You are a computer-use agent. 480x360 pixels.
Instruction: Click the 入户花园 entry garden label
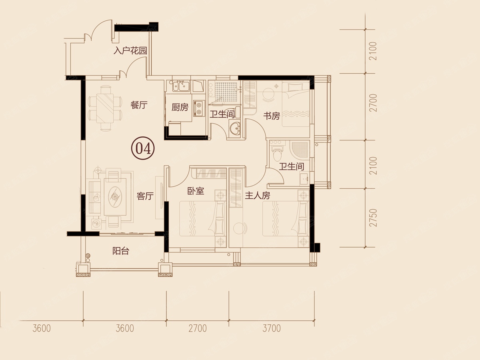(130, 51)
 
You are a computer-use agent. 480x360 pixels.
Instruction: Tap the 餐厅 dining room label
(139, 105)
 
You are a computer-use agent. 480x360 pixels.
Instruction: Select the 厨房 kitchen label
(180, 107)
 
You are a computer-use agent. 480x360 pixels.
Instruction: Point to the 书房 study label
(271, 116)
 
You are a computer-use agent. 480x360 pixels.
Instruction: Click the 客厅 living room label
(145, 196)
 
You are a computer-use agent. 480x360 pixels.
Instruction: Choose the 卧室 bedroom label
(196, 191)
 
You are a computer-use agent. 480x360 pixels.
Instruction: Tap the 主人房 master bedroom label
(257, 196)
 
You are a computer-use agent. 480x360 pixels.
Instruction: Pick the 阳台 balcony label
(121, 251)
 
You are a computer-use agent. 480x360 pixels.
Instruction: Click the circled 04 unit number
(143, 148)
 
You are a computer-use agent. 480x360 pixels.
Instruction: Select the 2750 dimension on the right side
(373, 218)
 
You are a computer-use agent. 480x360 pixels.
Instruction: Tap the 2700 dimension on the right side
(373, 103)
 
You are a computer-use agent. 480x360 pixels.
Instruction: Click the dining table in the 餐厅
(106, 108)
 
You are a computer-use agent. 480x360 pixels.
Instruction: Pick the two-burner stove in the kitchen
(199, 108)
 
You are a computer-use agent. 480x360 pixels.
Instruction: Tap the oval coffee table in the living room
(115, 197)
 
